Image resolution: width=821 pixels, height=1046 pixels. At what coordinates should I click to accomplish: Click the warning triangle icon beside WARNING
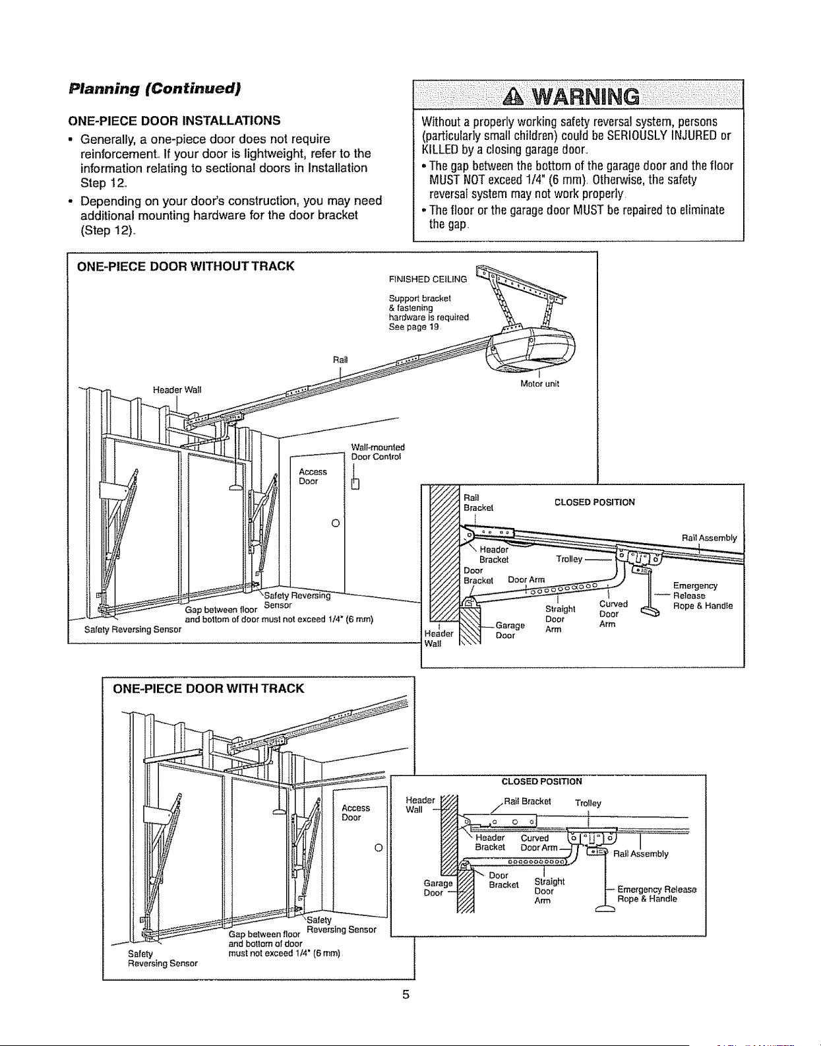pos(514,97)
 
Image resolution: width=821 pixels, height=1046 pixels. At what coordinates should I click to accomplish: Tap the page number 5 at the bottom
pos(406,994)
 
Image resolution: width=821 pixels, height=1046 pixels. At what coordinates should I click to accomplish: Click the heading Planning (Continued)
pos(154,88)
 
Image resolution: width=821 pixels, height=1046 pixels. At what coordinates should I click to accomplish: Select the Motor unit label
pos(539,383)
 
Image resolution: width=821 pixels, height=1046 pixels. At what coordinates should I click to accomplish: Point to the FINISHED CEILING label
pos(427,279)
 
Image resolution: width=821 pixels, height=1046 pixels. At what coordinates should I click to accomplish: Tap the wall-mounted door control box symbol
pos(355,483)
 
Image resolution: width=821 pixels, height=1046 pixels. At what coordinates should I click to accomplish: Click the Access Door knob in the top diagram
pos(336,523)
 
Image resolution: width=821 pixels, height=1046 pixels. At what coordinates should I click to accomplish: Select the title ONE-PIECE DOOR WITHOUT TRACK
pos(185,266)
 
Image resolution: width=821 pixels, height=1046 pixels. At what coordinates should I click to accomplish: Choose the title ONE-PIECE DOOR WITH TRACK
pos(208,688)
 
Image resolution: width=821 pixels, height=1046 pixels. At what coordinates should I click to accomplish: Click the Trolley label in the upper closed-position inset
pos(569,559)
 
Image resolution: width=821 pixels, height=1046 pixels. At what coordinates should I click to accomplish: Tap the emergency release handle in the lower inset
pos(605,909)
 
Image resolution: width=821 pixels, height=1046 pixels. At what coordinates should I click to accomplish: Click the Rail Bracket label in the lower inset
pos(527,801)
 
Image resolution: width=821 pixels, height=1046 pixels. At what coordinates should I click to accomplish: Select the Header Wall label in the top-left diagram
pos(177,389)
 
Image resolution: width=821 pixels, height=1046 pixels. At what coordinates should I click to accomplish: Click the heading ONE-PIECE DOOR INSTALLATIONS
pos(174,120)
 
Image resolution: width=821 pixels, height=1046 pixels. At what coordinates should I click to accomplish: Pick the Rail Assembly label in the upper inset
pos(709,538)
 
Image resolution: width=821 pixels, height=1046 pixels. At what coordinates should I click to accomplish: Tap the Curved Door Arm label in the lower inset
pos(539,843)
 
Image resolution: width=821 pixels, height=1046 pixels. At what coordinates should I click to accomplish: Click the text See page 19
pos(413,327)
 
